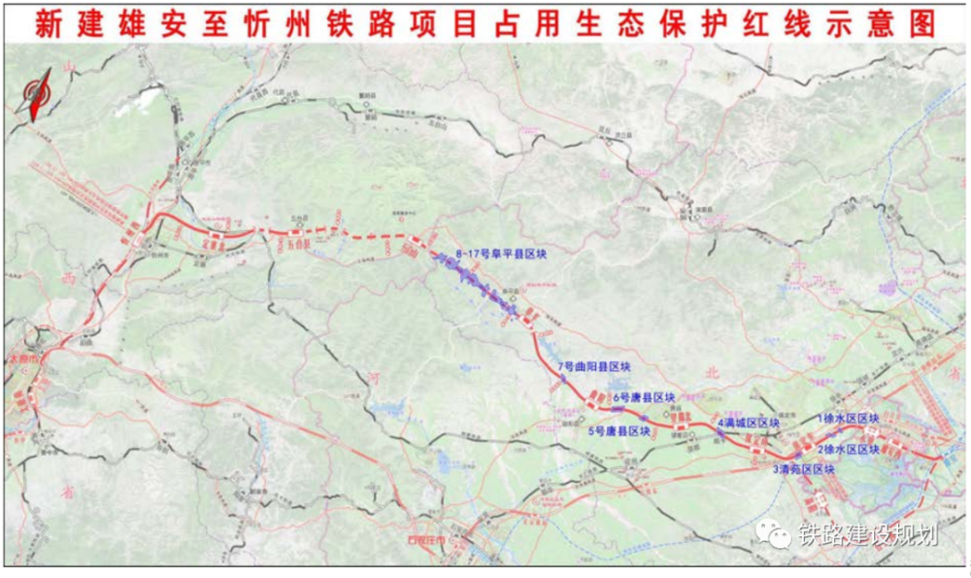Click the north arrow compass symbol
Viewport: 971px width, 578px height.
(x=36, y=98)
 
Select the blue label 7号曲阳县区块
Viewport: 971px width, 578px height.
(x=594, y=366)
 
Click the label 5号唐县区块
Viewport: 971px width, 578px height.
(x=619, y=430)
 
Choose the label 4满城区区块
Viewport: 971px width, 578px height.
(x=749, y=424)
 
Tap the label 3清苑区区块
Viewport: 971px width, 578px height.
(x=804, y=469)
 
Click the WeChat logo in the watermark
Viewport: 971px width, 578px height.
(x=777, y=533)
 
